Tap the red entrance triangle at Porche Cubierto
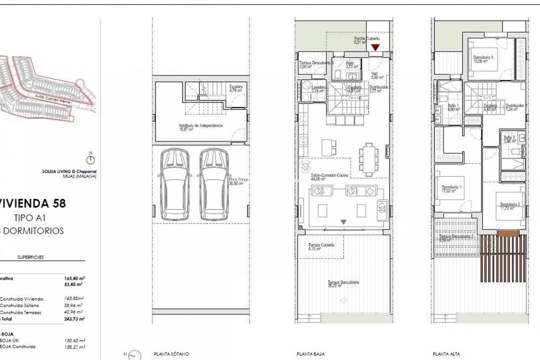[375, 47]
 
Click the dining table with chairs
[369, 159]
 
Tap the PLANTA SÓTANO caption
[171, 353]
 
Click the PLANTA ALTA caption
[447, 353]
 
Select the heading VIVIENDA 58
[37, 203]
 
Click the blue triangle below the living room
[343, 221]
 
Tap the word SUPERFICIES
[30, 257]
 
